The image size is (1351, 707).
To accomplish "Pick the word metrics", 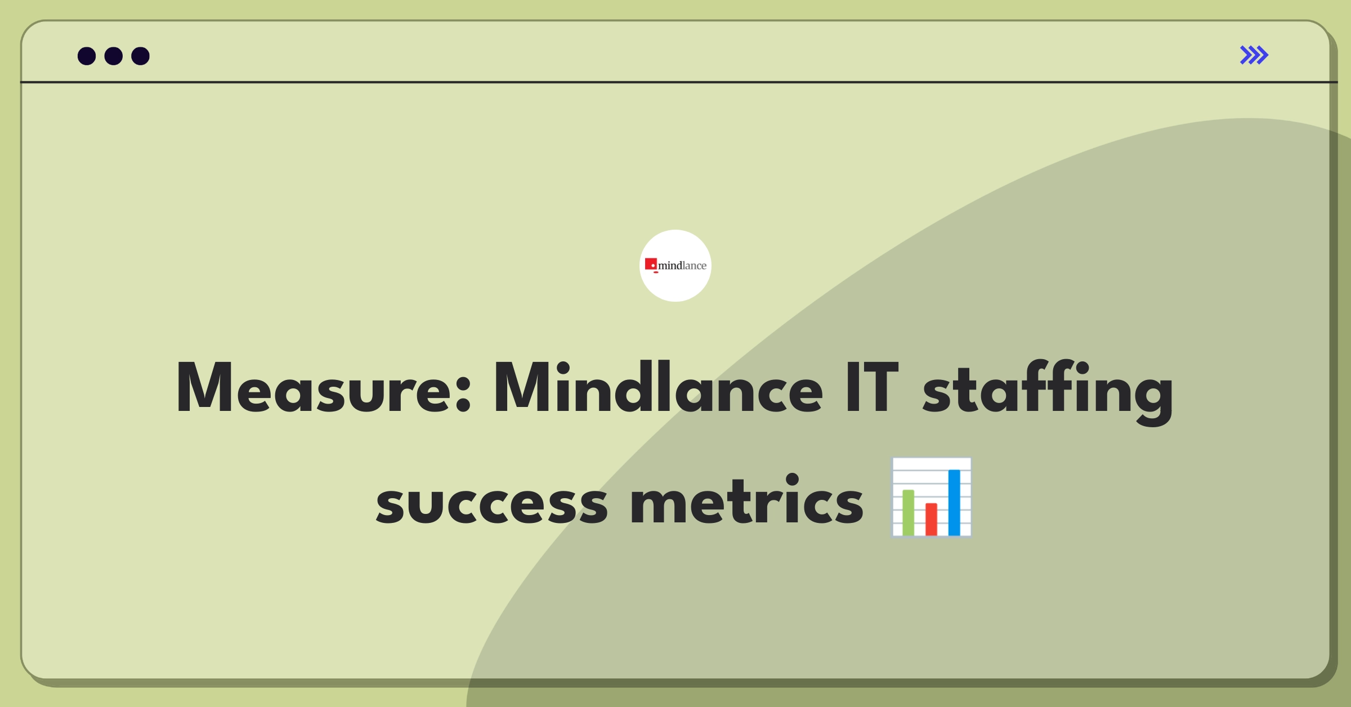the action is click(x=747, y=499).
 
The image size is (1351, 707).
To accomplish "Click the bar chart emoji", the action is click(x=931, y=497).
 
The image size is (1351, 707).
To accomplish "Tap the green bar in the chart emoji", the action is click(x=909, y=512).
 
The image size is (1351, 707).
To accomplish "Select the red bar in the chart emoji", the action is click(x=932, y=519).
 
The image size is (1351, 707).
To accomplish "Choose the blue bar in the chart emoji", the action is click(x=954, y=502).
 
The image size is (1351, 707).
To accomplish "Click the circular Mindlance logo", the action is click(x=675, y=266).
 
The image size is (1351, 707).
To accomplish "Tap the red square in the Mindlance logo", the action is click(x=651, y=264).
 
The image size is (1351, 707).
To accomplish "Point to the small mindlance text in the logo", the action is click(x=682, y=266).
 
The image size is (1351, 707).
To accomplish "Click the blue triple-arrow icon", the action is click(x=1254, y=55).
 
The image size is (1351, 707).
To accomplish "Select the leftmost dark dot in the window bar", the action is click(x=87, y=56).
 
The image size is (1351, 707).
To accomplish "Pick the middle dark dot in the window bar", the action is click(x=114, y=56).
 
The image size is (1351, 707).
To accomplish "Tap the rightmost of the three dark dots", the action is click(x=141, y=56).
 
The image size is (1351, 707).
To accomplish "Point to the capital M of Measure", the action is click(x=205, y=388).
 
